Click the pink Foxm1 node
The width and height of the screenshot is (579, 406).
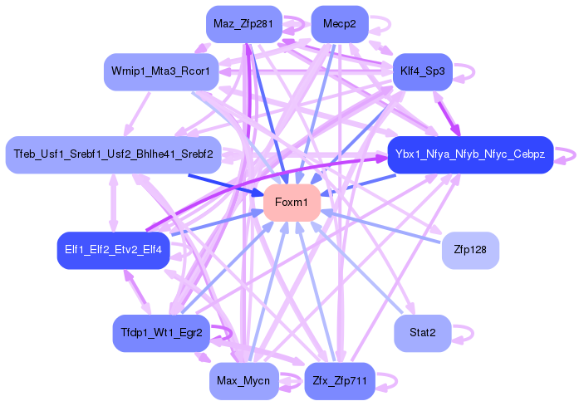(x=292, y=203)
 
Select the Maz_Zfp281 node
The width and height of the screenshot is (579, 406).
(x=243, y=24)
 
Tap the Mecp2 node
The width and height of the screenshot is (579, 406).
(x=339, y=24)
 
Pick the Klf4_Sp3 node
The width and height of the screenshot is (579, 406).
(x=421, y=71)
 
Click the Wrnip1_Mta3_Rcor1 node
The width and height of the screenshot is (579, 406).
(x=161, y=71)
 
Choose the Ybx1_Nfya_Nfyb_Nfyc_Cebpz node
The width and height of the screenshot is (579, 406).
(x=470, y=154)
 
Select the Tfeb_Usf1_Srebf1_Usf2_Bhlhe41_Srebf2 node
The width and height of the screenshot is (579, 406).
(x=113, y=154)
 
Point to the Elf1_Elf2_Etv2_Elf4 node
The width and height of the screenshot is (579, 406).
(x=113, y=249)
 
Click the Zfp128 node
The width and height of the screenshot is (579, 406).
(x=470, y=249)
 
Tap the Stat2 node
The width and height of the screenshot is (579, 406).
(x=422, y=332)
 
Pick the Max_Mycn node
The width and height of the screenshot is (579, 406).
(x=243, y=381)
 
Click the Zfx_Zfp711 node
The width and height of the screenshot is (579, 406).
(x=339, y=381)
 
